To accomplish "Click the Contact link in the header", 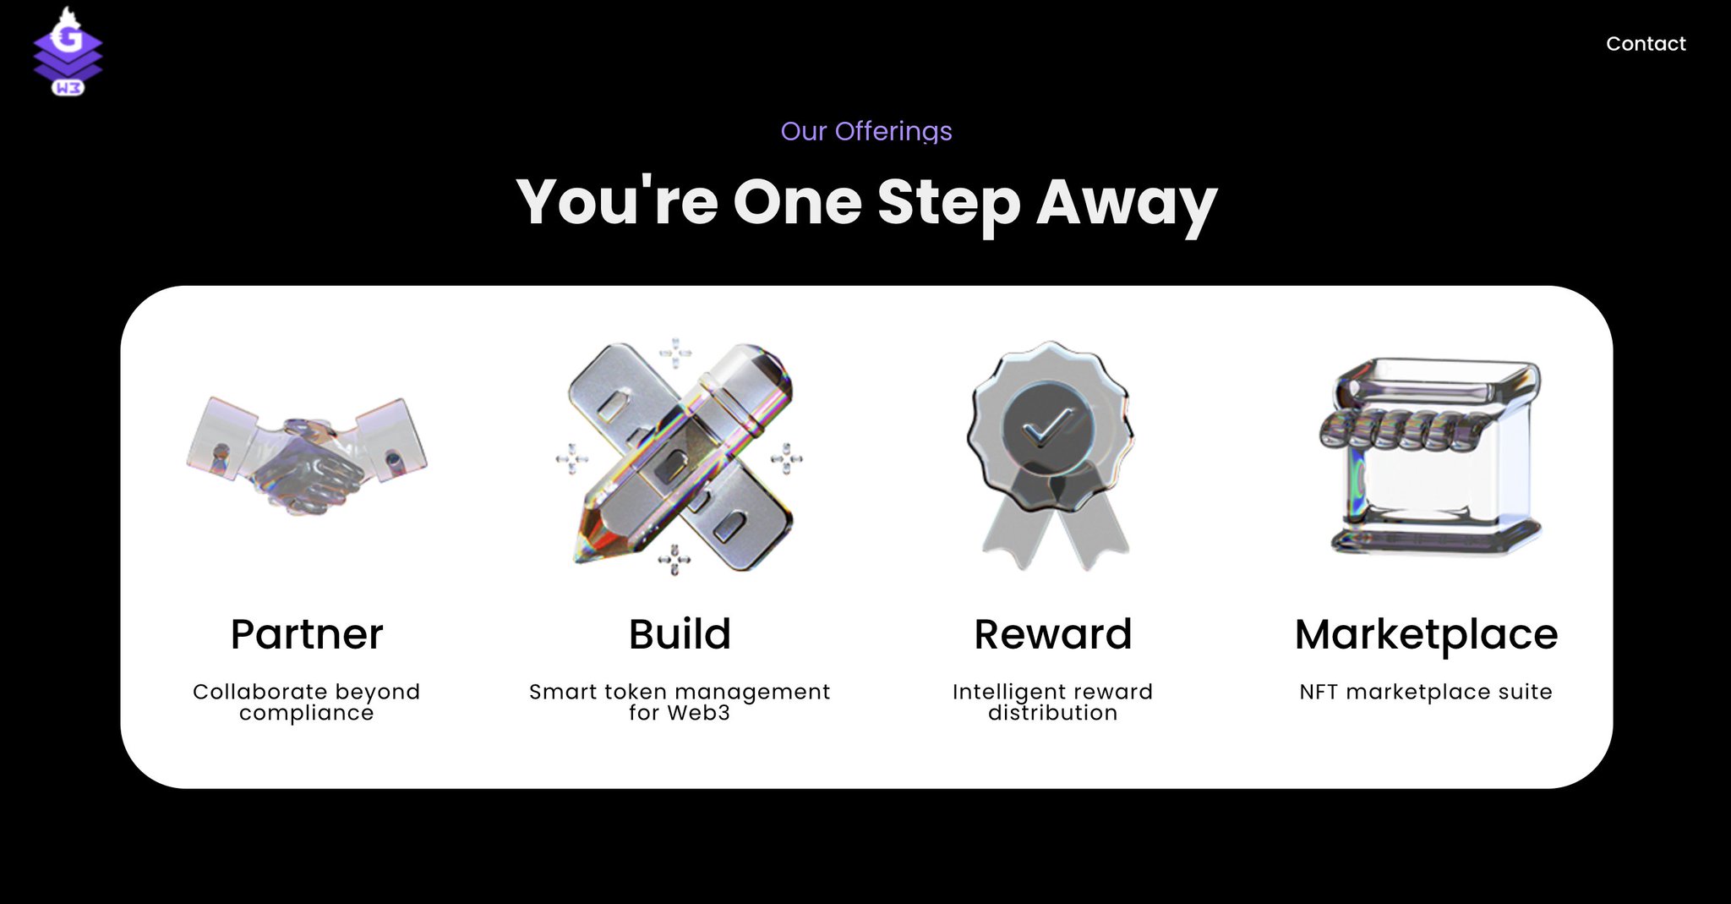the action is tap(1646, 44).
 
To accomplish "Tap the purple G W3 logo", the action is tap(68, 52).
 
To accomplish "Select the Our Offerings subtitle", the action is tap(866, 132).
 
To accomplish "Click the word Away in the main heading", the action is tap(1127, 204).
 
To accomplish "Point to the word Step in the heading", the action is tap(948, 204).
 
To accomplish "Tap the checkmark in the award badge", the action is tap(1048, 428).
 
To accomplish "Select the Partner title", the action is tap(307, 634).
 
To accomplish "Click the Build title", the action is tap(680, 634).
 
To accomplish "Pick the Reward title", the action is tap(1053, 634).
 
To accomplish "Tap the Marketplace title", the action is tap(1427, 635).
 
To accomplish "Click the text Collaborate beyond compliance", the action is tap(307, 702).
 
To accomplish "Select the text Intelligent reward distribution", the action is tap(1053, 702).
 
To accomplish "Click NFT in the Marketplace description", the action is tap(1319, 692).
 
